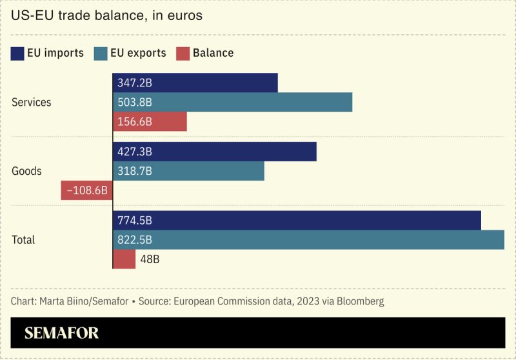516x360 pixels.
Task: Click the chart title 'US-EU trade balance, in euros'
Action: point(107,15)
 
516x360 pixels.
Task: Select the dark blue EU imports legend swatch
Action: point(17,53)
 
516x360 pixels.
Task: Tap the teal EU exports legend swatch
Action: point(100,53)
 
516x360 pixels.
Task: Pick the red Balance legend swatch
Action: point(183,53)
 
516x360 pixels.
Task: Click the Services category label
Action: point(32,102)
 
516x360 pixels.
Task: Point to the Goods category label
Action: point(27,171)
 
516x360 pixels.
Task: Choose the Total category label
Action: point(24,239)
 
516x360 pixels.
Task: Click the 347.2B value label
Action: point(135,83)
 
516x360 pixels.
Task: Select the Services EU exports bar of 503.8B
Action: point(258,102)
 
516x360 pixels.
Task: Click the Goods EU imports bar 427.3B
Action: point(245,152)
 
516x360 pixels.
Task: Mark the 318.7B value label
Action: point(135,171)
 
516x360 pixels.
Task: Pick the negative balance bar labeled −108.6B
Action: point(87,190)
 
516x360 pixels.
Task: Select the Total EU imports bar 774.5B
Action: point(322,220)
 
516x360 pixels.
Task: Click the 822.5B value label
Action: point(135,239)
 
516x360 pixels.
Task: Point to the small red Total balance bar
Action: point(124,259)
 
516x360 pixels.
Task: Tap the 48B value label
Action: point(150,259)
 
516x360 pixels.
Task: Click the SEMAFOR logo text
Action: point(62,333)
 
